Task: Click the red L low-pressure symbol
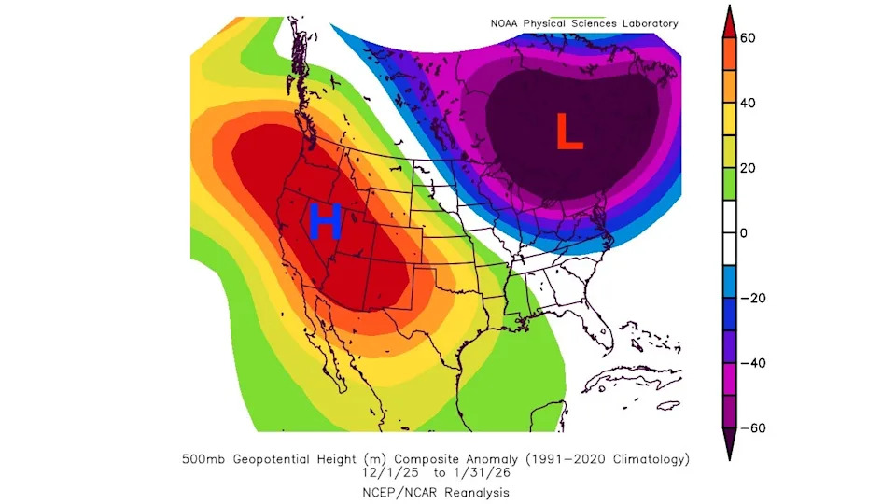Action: [x=569, y=132]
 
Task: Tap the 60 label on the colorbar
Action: [x=748, y=37]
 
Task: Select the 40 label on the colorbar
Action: [x=748, y=103]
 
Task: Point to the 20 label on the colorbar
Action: [x=748, y=168]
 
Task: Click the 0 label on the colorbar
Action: [x=744, y=232]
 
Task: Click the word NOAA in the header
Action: [x=508, y=23]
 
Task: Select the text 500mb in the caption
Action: [x=203, y=458]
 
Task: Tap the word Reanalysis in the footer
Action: [x=473, y=491]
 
